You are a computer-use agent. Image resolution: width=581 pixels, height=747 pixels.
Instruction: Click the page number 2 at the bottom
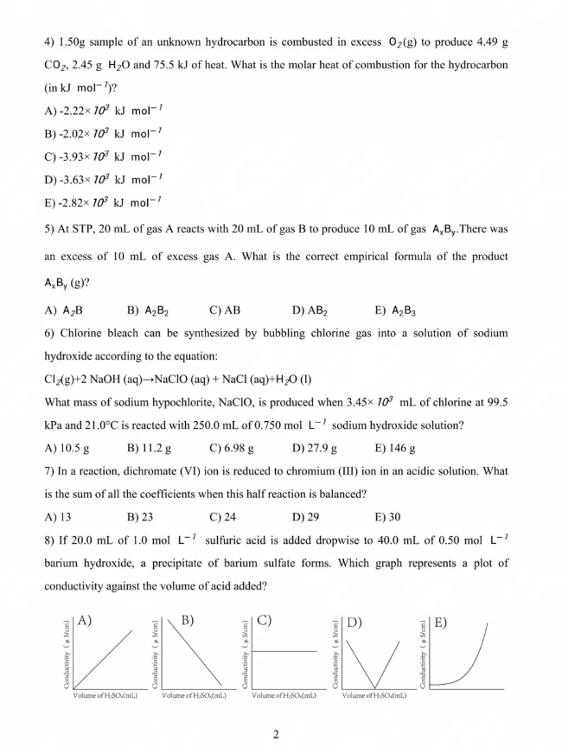275,735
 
